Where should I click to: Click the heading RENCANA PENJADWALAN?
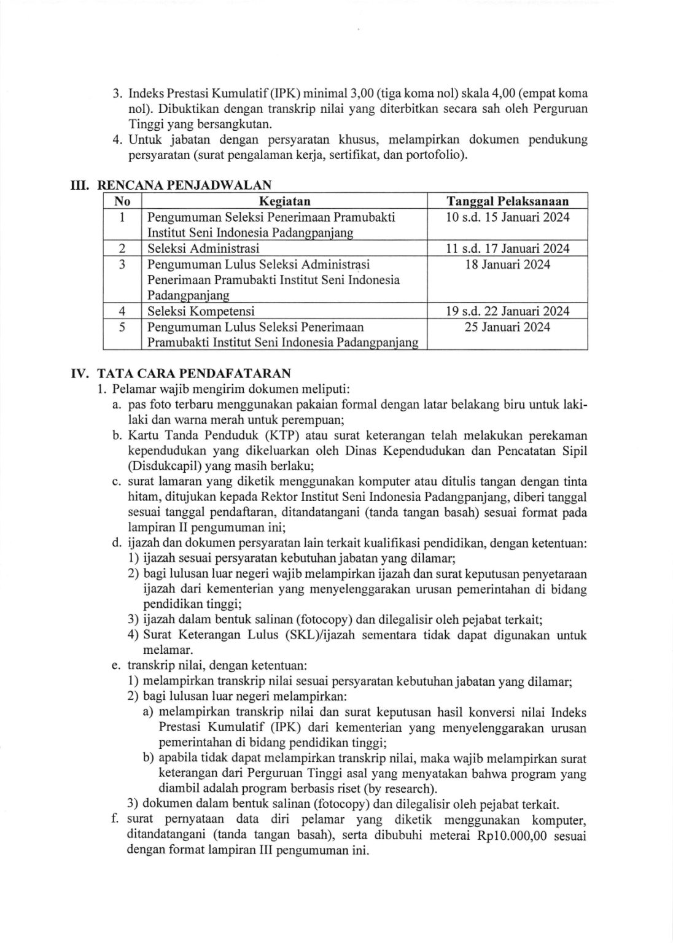185,185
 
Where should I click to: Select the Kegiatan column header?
284,201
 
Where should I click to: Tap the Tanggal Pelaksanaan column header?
507,201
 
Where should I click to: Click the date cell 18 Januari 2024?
507,265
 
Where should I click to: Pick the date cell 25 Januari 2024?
507,327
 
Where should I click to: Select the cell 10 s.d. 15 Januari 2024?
507,217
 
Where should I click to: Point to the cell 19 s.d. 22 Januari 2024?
507,311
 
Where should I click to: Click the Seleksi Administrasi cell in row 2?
203,249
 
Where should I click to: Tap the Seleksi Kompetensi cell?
201,311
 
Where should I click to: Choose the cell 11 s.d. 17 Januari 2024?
507,249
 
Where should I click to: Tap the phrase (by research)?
399,788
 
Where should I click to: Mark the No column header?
122,201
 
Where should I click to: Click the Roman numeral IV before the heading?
80,373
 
